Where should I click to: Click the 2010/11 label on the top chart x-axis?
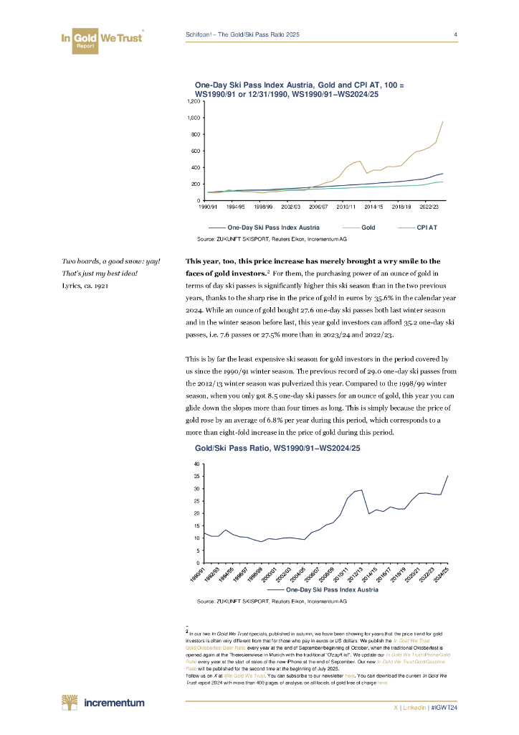[346, 207]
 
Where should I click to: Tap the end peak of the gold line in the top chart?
[442, 122]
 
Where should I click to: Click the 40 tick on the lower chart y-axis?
[197, 464]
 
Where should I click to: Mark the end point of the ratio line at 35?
[447, 476]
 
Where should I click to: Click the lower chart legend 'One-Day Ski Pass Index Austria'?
[316, 590]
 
